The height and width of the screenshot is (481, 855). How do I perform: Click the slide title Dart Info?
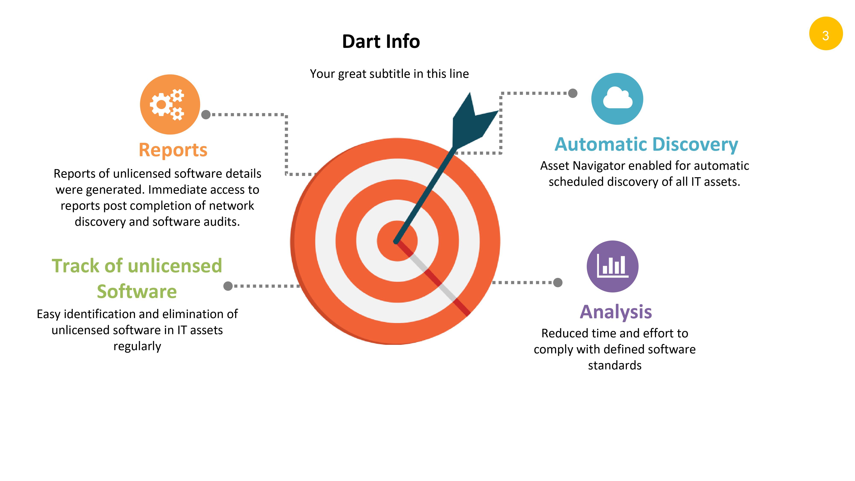click(x=381, y=41)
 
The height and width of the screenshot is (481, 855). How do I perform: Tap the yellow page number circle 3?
click(x=826, y=34)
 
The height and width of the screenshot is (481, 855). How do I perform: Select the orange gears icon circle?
click(x=170, y=104)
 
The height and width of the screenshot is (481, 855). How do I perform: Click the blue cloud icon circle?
click(x=617, y=99)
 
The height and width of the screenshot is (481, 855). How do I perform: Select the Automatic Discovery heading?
click(x=646, y=145)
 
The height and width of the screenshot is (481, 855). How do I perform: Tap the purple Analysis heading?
click(x=616, y=312)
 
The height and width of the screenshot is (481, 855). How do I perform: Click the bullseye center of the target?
click(x=397, y=241)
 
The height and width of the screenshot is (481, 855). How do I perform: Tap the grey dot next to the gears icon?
click(x=206, y=115)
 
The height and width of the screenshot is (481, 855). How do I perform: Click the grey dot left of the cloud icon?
click(x=573, y=93)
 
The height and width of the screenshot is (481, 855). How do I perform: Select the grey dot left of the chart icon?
click(x=558, y=282)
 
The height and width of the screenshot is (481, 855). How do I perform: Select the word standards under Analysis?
click(x=615, y=365)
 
